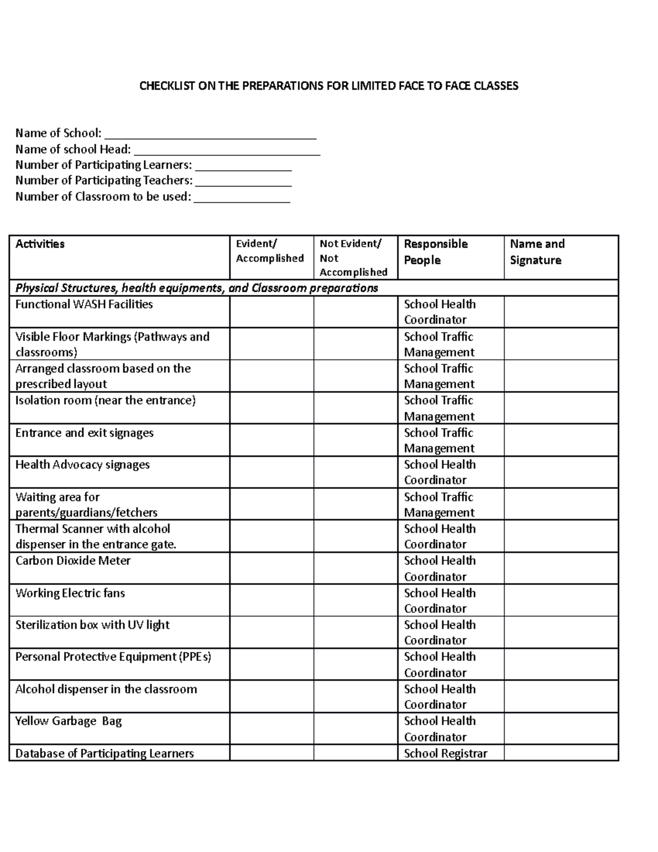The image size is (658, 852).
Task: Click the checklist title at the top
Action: click(x=328, y=86)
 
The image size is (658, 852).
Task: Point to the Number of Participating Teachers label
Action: click(x=104, y=180)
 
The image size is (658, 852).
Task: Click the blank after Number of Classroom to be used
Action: click(x=242, y=198)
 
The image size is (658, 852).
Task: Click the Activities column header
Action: click(x=40, y=244)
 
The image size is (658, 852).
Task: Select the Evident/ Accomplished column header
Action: click(x=270, y=251)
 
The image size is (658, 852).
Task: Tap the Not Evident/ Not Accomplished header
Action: click(x=354, y=258)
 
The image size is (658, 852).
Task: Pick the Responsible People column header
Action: click(x=436, y=252)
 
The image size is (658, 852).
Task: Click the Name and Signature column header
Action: click(x=537, y=252)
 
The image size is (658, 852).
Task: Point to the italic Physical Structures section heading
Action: click(x=196, y=288)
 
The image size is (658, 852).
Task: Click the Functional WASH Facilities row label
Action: click(x=84, y=304)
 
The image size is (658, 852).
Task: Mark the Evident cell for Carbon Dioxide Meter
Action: click(x=271, y=568)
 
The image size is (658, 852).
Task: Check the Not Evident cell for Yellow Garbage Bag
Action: click(x=355, y=729)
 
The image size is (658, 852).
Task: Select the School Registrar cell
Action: click(x=445, y=753)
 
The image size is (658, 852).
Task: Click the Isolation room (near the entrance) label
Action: click(x=105, y=400)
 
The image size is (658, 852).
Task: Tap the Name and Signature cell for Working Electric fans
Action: click(x=561, y=600)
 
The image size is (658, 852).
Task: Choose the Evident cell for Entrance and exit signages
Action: click(x=271, y=440)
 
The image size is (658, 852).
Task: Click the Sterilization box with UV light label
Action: click(x=92, y=625)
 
